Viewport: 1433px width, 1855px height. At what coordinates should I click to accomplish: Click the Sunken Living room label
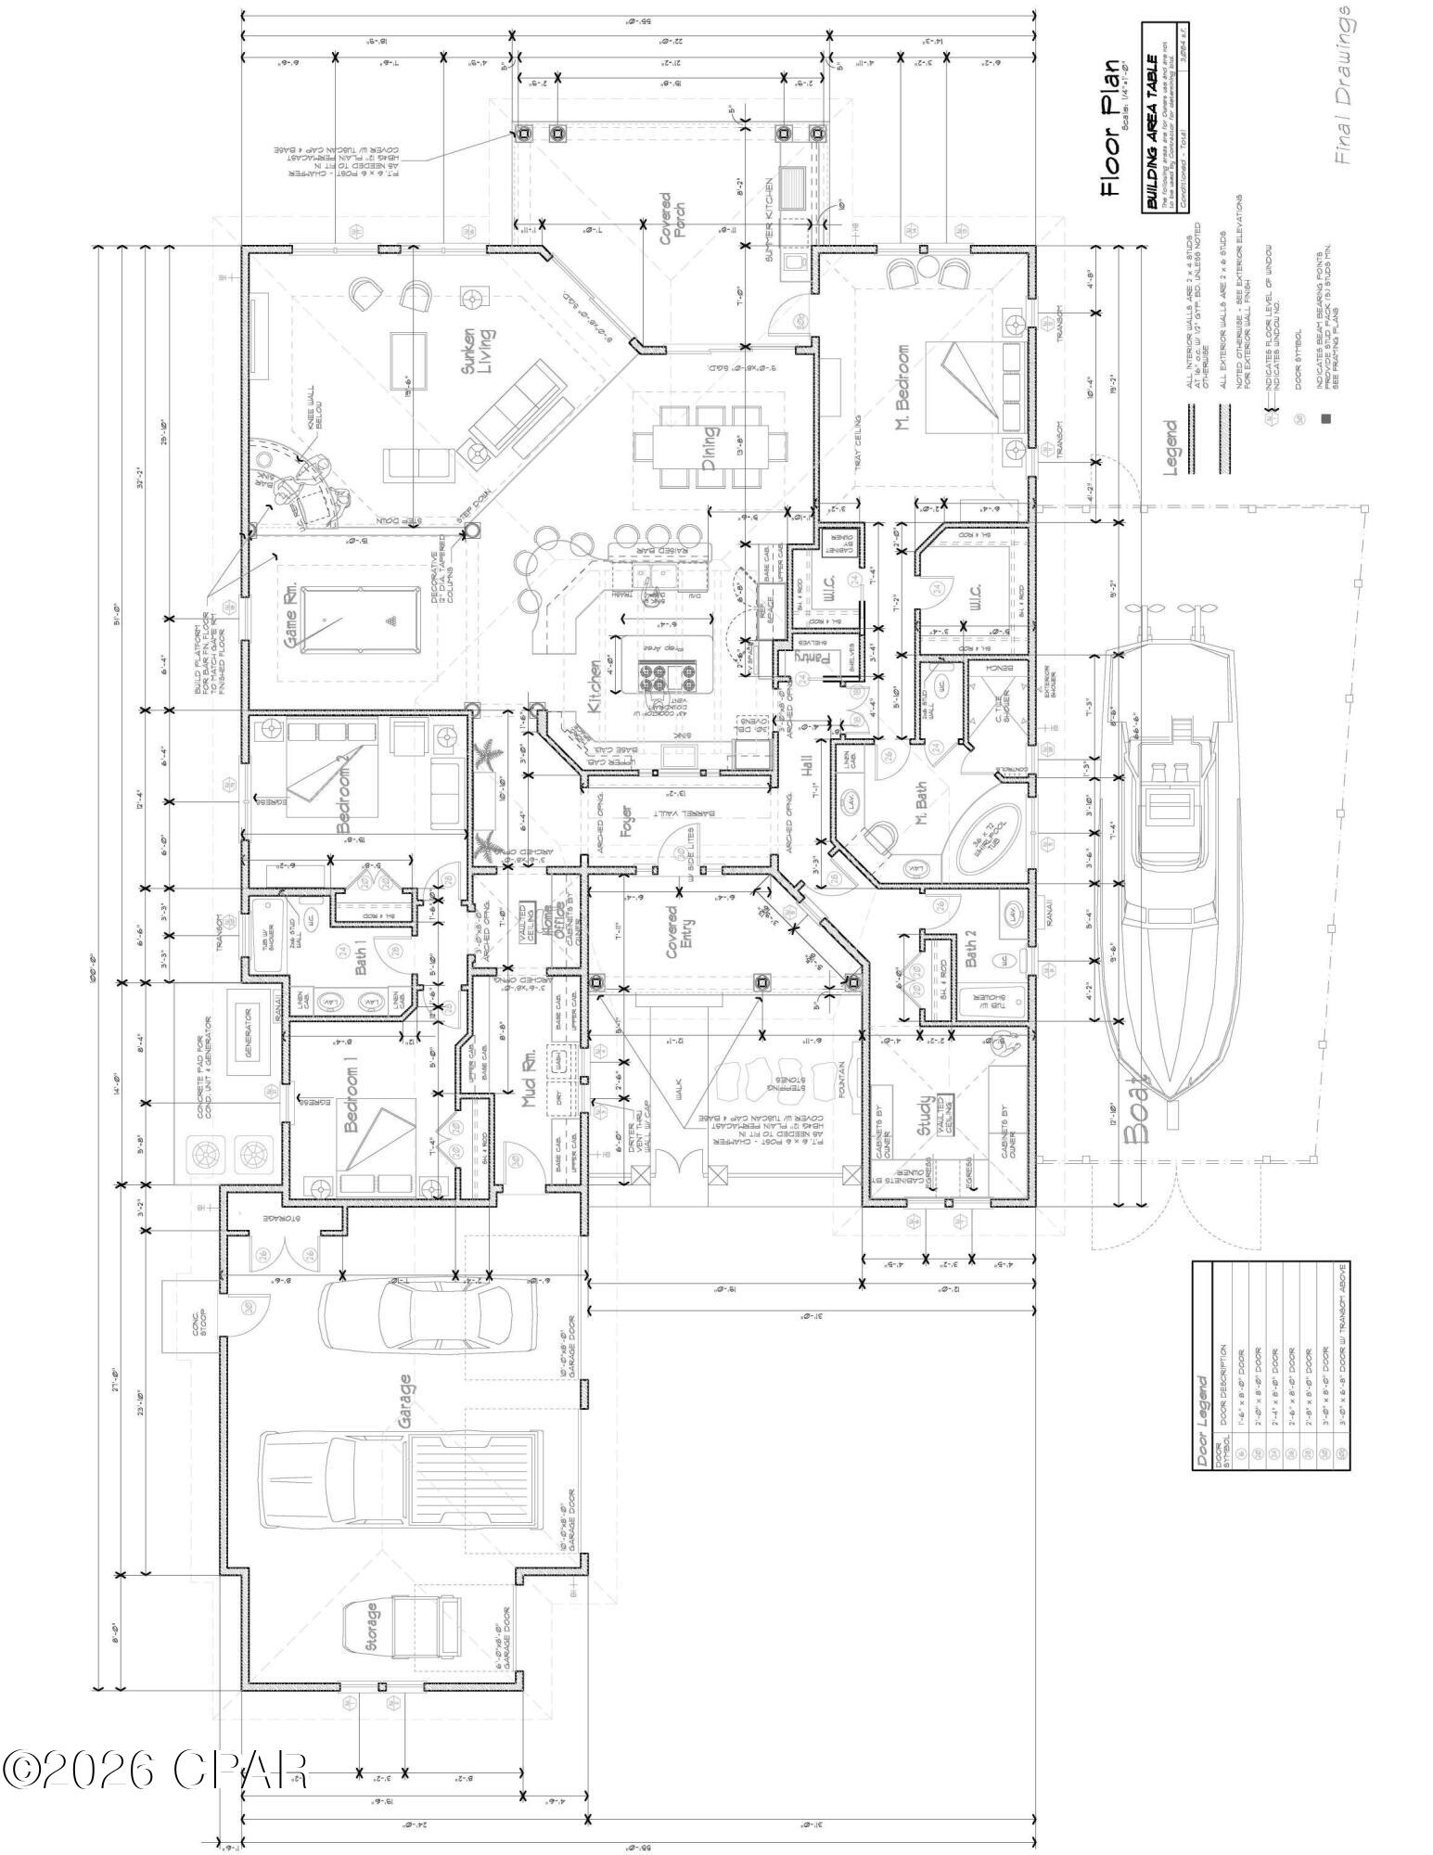(x=477, y=351)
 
